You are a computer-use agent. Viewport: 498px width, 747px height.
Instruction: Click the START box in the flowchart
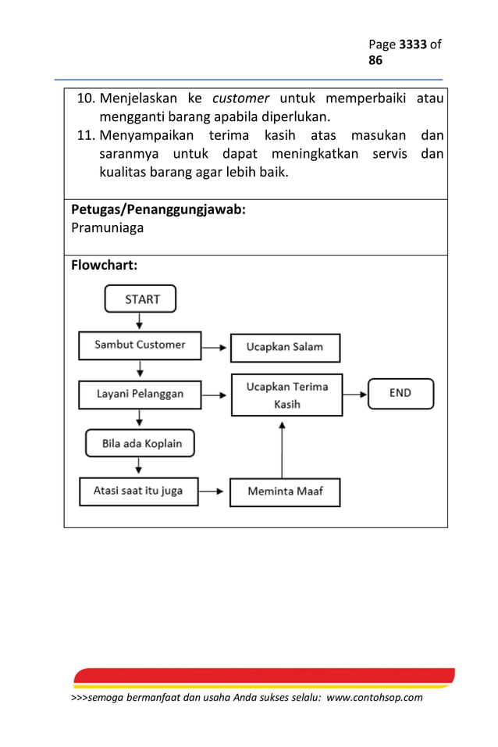(x=141, y=298)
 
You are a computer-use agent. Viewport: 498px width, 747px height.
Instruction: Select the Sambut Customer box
(x=140, y=345)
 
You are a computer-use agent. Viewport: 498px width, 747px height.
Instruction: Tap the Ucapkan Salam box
(x=285, y=347)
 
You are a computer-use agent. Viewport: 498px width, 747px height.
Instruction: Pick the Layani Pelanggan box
(x=140, y=394)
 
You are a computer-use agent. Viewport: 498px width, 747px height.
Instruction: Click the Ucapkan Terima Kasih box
(x=286, y=395)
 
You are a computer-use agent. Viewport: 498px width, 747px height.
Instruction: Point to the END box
(x=400, y=393)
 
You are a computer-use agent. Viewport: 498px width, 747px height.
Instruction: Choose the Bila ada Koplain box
(x=141, y=443)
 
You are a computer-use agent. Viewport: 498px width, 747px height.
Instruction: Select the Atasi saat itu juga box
(x=139, y=491)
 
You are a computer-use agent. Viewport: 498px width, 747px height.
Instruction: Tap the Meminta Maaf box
(x=284, y=491)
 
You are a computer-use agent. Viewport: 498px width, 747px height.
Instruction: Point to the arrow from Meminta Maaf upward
(x=283, y=449)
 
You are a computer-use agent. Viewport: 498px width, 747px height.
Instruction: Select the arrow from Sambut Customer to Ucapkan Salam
(x=215, y=345)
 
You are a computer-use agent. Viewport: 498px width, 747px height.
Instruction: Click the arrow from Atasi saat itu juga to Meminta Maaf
(x=214, y=491)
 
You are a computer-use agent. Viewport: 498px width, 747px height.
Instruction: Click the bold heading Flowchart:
(x=105, y=266)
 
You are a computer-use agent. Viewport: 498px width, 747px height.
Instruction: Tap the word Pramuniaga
(x=108, y=228)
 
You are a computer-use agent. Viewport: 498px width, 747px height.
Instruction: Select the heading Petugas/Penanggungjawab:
(x=158, y=209)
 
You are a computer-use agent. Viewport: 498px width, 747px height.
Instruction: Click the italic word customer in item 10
(x=241, y=98)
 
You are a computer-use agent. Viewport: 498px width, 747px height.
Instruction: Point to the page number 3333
(x=413, y=45)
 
